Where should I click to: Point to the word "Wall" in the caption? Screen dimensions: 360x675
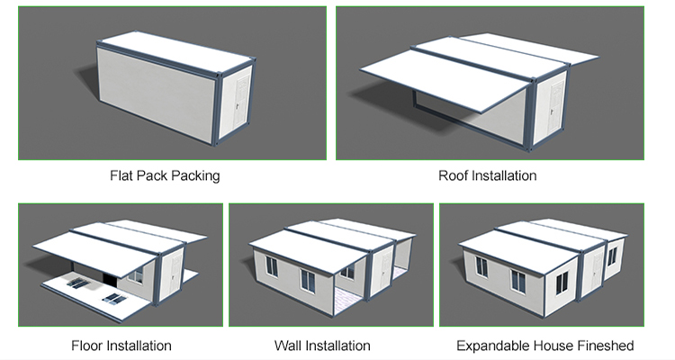[290, 346]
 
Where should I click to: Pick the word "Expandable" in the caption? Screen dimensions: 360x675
[492, 346]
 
